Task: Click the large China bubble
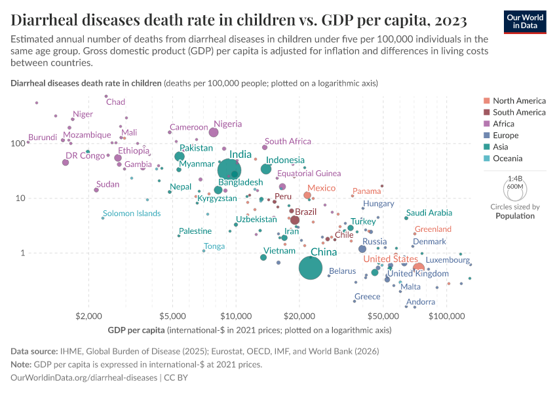(x=311, y=268)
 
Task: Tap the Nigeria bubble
(x=214, y=132)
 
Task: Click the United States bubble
(x=419, y=268)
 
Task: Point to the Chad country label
(x=115, y=102)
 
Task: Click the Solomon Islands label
(x=132, y=214)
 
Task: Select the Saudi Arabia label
(x=429, y=213)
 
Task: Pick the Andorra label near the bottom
(x=421, y=302)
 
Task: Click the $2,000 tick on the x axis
(x=88, y=318)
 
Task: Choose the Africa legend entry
(x=505, y=124)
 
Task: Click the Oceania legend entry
(x=507, y=159)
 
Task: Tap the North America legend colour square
(x=486, y=101)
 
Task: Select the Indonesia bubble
(x=266, y=169)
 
